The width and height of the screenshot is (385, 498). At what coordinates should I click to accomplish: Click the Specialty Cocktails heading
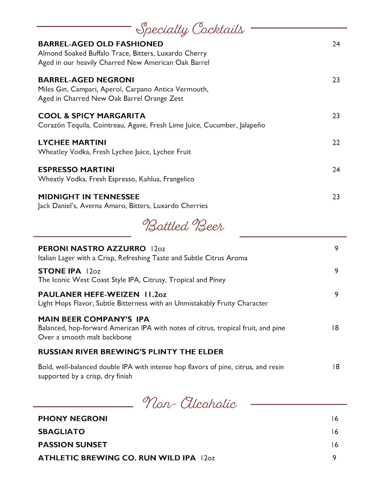pos(190,29)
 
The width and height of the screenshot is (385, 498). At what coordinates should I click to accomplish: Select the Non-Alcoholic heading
pos(190,403)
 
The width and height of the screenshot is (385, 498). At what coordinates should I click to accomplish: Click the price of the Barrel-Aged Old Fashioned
pos(336,44)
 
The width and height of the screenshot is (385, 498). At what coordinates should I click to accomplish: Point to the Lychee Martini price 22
pos(336,143)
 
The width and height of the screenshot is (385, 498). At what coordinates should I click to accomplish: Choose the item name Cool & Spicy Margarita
pos(92,116)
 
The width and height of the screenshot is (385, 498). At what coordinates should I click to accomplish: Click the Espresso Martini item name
pos(76,170)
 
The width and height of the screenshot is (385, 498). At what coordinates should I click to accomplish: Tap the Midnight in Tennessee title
pos(88,197)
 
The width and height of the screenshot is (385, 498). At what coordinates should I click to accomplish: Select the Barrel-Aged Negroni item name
pos(86,80)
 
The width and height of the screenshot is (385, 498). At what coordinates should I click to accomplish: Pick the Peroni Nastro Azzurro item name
pos(92,249)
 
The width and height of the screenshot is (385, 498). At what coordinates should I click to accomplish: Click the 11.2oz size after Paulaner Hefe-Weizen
pos(155,294)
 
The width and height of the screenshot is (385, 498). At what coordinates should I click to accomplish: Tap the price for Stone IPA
pos(336,271)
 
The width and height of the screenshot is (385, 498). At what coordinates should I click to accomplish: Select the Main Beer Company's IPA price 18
pos(336,328)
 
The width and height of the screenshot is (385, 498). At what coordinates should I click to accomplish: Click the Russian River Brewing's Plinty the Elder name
pos(130,352)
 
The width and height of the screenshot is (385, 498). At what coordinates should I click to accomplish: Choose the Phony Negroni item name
pos(73,419)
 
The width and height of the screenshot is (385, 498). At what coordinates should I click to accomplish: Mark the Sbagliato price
pos(335,432)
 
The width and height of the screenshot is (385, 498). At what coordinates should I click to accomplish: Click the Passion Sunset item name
pos(73,445)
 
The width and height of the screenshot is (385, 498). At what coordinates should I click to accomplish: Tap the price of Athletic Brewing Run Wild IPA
pos(334,458)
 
